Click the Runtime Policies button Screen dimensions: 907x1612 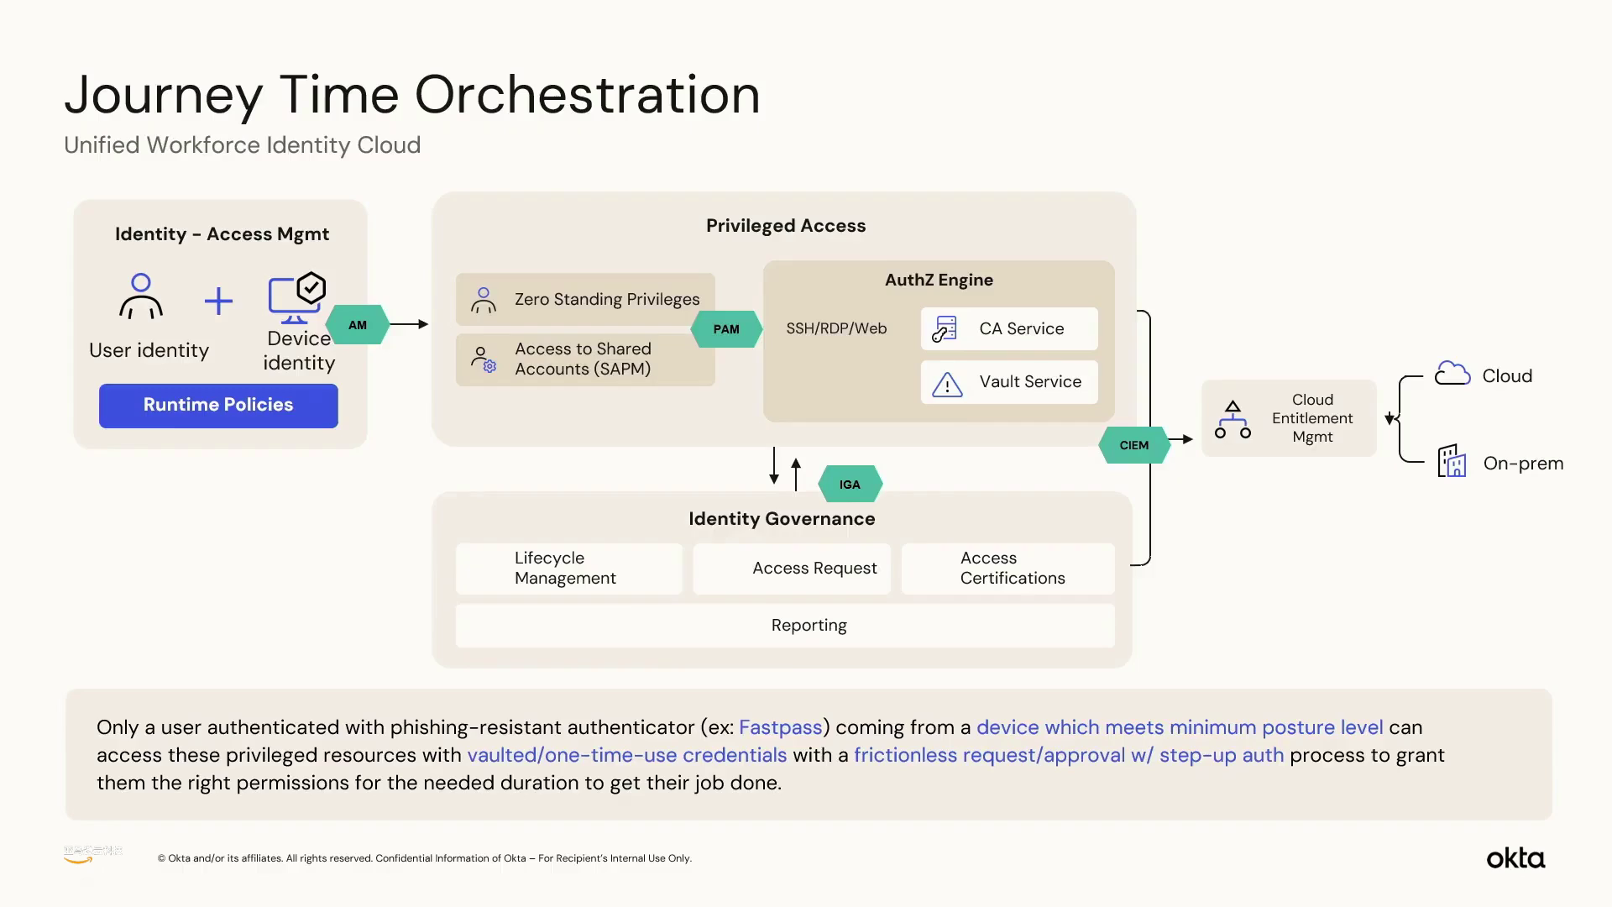[x=218, y=406]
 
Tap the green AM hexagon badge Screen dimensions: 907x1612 [x=358, y=325]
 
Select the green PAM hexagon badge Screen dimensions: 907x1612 [x=726, y=329]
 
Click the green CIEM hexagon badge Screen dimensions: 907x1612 [x=1133, y=445]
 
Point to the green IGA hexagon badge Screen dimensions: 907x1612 [x=850, y=485]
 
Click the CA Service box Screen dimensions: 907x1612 [x=1008, y=328]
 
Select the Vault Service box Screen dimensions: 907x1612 [x=1008, y=382]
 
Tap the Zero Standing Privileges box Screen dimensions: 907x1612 [x=585, y=299]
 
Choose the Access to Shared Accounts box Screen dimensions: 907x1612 [x=585, y=359]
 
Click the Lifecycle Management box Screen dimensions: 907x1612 [x=568, y=569]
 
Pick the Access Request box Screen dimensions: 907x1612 [x=791, y=569]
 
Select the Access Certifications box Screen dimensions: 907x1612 [x=1007, y=569]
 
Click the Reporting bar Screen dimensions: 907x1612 [x=785, y=626]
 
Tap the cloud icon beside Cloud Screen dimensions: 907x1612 [x=1452, y=374]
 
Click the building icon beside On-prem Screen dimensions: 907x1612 [x=1452, y=461]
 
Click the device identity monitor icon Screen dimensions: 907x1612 [x=296, y=298]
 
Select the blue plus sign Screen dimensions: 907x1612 [x=218, y=301]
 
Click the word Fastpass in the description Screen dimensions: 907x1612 [x=780, y=727]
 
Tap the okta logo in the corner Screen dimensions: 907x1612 [x=1515, y=858]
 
